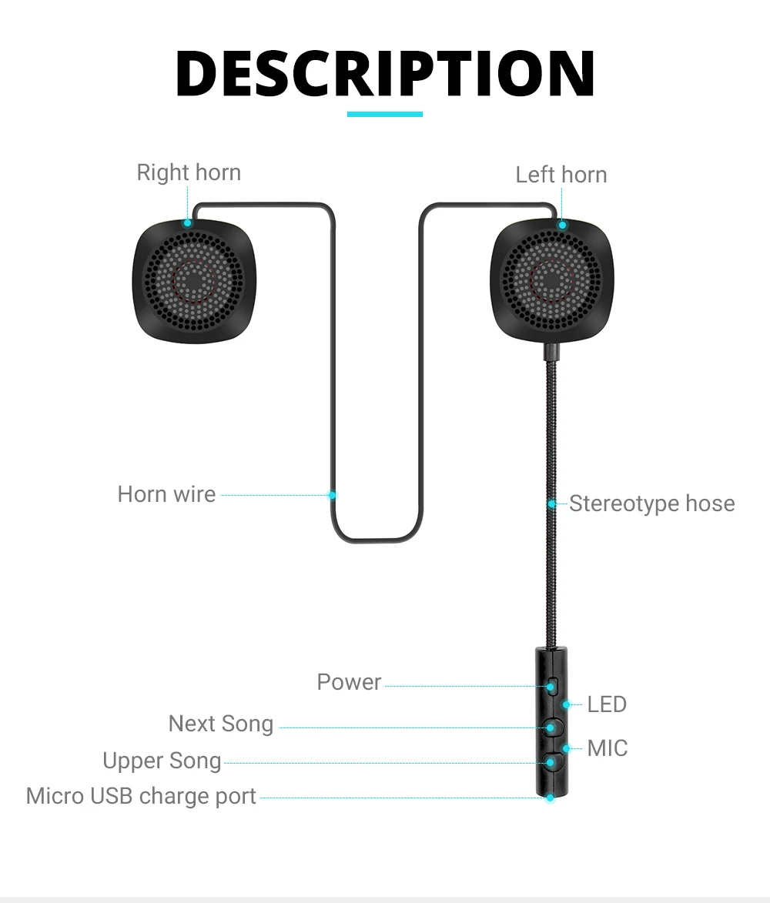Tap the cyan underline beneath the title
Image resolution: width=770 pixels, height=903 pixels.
pyautogui.click(x=385, y=114)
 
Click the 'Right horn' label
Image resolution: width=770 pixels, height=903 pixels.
pyautogui.click(x=189, y=172)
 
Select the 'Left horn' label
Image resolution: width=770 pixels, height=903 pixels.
pyautogui.click(x=561, y=175)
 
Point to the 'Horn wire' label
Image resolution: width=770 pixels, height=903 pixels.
pyautogui.click(x=166, y=494)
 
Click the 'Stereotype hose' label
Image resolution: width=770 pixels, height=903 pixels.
pyautogui.click(x=651, y=503)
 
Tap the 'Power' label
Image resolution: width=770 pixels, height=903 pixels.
pyautogui.click(x=349, y=682)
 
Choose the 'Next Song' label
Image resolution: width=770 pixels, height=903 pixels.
pyautogui.click(x=221, y=724)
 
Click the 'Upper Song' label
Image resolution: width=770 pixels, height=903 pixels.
pyautogui.click(x=162, y=761)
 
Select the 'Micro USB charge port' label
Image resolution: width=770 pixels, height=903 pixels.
pyautogui.click(x=141, y=796)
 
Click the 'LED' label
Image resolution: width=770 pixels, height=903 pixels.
pyautogui.click(x=607, y=704)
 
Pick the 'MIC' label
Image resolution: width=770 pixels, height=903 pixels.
pyautogui.click(x=607, y=747)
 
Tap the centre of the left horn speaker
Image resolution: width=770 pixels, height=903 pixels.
pyautogui.click(x=551, y=280)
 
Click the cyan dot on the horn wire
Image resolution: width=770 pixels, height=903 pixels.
pyautogui.click(x=333, y=495)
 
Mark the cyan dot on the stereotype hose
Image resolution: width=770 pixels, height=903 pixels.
pyautogui.click(x=552, y=504)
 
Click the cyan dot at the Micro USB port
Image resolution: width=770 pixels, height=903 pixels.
pyautogui.click(x=550, y=798)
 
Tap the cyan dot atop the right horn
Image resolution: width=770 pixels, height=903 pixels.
pyautogui.click(x=187, y=223)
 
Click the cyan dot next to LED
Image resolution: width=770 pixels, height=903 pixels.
pyautogui.click(x=567, y=704)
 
